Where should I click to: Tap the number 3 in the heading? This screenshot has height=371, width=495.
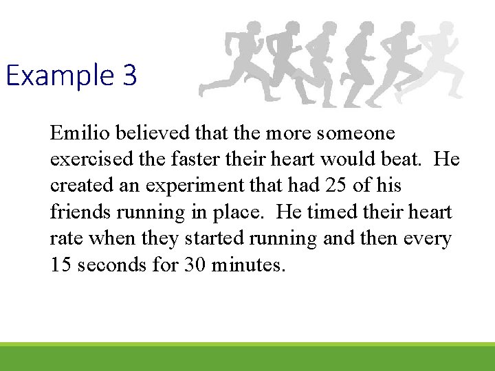pos(131,76)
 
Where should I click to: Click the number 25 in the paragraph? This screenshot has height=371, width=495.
pos(342,186)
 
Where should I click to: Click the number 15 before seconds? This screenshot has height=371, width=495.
pos(60,265)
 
